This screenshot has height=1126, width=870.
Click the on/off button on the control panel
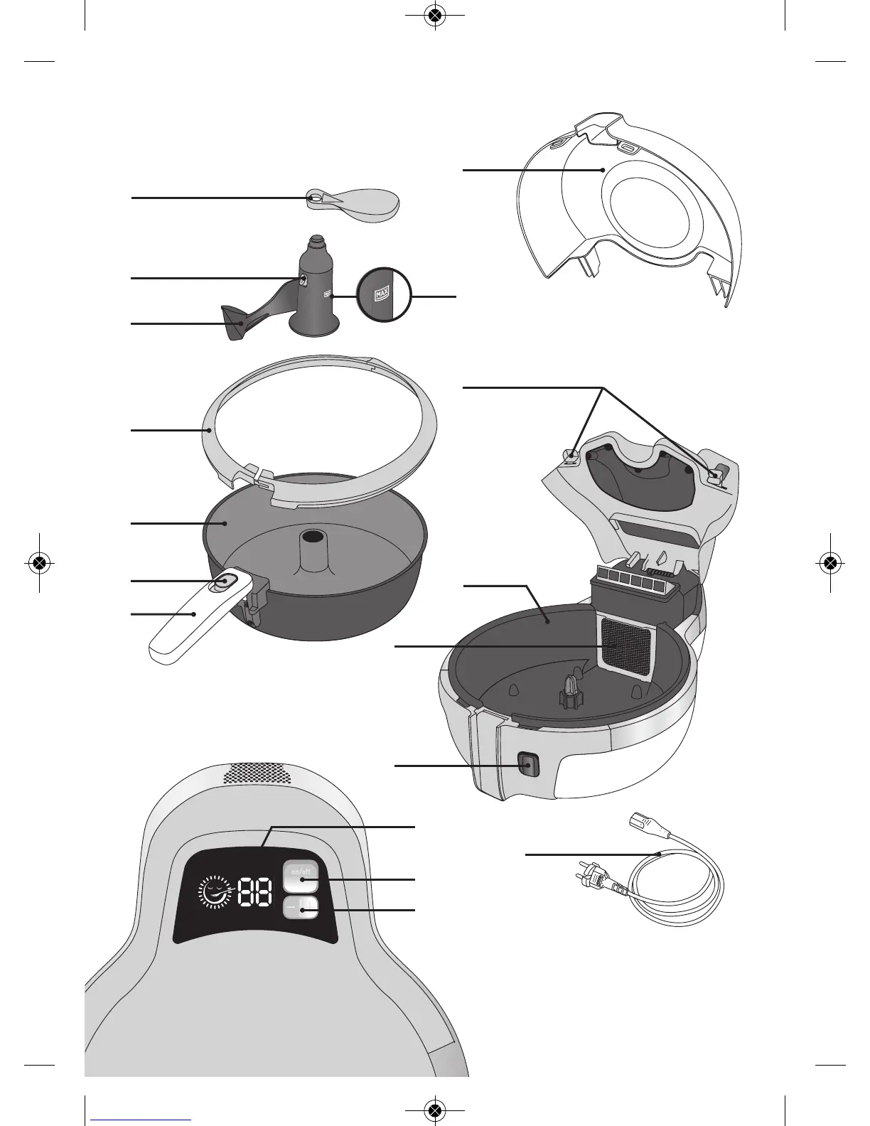pyautogui.click(x=301, y=877)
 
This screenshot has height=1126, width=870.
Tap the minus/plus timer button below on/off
pyautogui.click(x=301, y=908)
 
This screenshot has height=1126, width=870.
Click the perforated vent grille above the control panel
pyautogui.click(x=257, y=774)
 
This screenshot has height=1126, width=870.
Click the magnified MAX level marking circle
pyautogui.click(x=384, y=294)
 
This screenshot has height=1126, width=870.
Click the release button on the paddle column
pyautogui.click(x=303, y=280)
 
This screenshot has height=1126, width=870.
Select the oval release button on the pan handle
pyautogui.click(x=222, y=582)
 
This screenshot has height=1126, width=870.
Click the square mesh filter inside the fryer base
pyautogui.click(x=626, y=645)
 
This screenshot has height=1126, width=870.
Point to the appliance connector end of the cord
pyautogui.click(x=643, y=827)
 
